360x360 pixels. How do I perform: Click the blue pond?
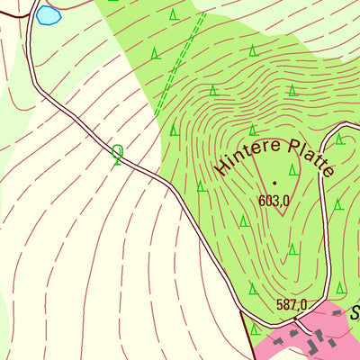coord(48,15)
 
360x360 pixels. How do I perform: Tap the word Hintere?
coord(242,156)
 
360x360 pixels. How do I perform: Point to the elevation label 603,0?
coord(274,201)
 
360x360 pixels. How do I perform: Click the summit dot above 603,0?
coord(274,183)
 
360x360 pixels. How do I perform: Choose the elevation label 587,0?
coord(292,304)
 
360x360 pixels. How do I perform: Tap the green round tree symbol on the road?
coord(118,154)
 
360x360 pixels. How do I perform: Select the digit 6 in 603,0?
coord(262,201)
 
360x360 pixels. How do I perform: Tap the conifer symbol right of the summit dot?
coord(293,169)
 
